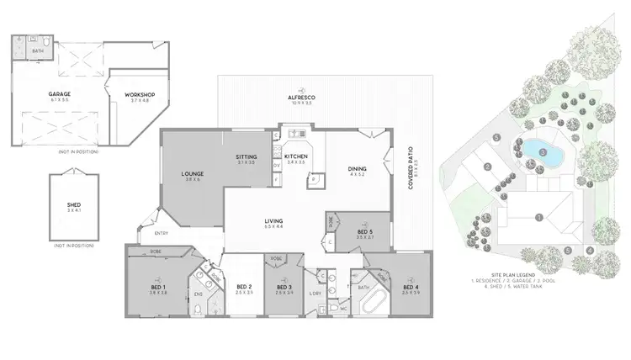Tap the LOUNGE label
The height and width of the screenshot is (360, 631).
pos(194,174)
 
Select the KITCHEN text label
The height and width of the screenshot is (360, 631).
pos(296,156)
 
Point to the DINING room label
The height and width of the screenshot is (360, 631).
pos(357,170)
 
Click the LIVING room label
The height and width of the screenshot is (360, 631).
pos(274,223)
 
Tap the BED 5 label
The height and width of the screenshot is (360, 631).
pos(364,230)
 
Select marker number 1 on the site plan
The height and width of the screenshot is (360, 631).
pos(539,217)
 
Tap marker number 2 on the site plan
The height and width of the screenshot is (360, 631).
pos(487,167)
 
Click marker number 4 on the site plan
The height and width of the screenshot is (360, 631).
pos(590,250)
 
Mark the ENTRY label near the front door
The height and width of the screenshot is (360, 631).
pos(162,233)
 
